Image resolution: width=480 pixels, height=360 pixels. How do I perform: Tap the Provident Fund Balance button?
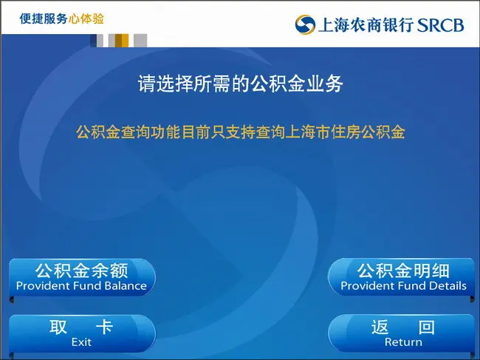coord(82,278)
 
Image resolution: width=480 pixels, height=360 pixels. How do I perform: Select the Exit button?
coord(82,333)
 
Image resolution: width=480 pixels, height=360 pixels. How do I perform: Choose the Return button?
coord(402,333)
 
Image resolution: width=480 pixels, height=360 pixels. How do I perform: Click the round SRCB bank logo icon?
coord(305,24)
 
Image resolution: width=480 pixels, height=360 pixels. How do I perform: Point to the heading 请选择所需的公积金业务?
coord(240,84)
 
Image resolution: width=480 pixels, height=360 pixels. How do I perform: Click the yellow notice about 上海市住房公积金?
coord(241,132)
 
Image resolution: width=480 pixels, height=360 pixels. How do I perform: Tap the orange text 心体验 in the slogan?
coord(86,18)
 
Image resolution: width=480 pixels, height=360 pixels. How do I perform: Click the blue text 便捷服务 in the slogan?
coord(44,18)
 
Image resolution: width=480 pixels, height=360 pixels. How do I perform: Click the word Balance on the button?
coord(126,286)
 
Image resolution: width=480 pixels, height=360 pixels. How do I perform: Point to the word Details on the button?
coord(448,286)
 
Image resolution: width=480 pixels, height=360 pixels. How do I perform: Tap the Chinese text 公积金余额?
coord(81,271)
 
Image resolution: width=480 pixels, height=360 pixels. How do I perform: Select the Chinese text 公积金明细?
coord(403,271)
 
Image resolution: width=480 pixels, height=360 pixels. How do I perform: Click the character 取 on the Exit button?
coord(58,327)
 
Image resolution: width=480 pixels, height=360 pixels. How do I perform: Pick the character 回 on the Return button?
coord(426,327)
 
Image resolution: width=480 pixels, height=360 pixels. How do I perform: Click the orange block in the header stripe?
coord(122,41)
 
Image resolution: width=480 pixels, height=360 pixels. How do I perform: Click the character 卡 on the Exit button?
coord(105,327)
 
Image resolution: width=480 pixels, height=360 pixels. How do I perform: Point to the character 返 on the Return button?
coord(380,327)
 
